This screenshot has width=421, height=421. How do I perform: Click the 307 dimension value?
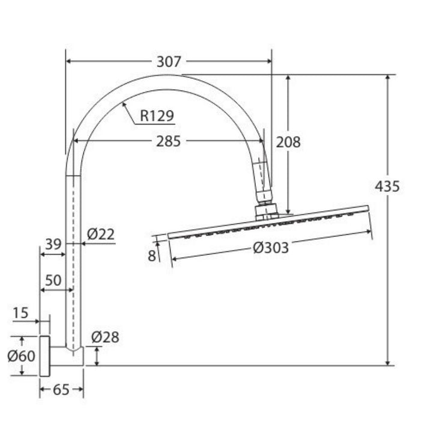click(x=169, y=61)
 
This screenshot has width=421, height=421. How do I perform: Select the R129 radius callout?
click(x=157, y=116)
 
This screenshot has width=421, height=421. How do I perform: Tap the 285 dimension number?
click(x=168, y=141)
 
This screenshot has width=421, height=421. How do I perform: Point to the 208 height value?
click(x=288, y=142)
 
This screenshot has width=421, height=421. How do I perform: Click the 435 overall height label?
click(x=387, y=186)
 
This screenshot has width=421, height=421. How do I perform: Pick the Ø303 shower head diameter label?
click(x=271, y=248)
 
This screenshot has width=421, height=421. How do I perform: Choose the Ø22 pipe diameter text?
click(x=101, y=234)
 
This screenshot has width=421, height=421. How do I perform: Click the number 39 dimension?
click(x=53, y=244)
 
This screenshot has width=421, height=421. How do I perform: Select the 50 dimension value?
click(x=53, y=280)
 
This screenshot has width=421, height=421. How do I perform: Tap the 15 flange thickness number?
click(x=20, y=313)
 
